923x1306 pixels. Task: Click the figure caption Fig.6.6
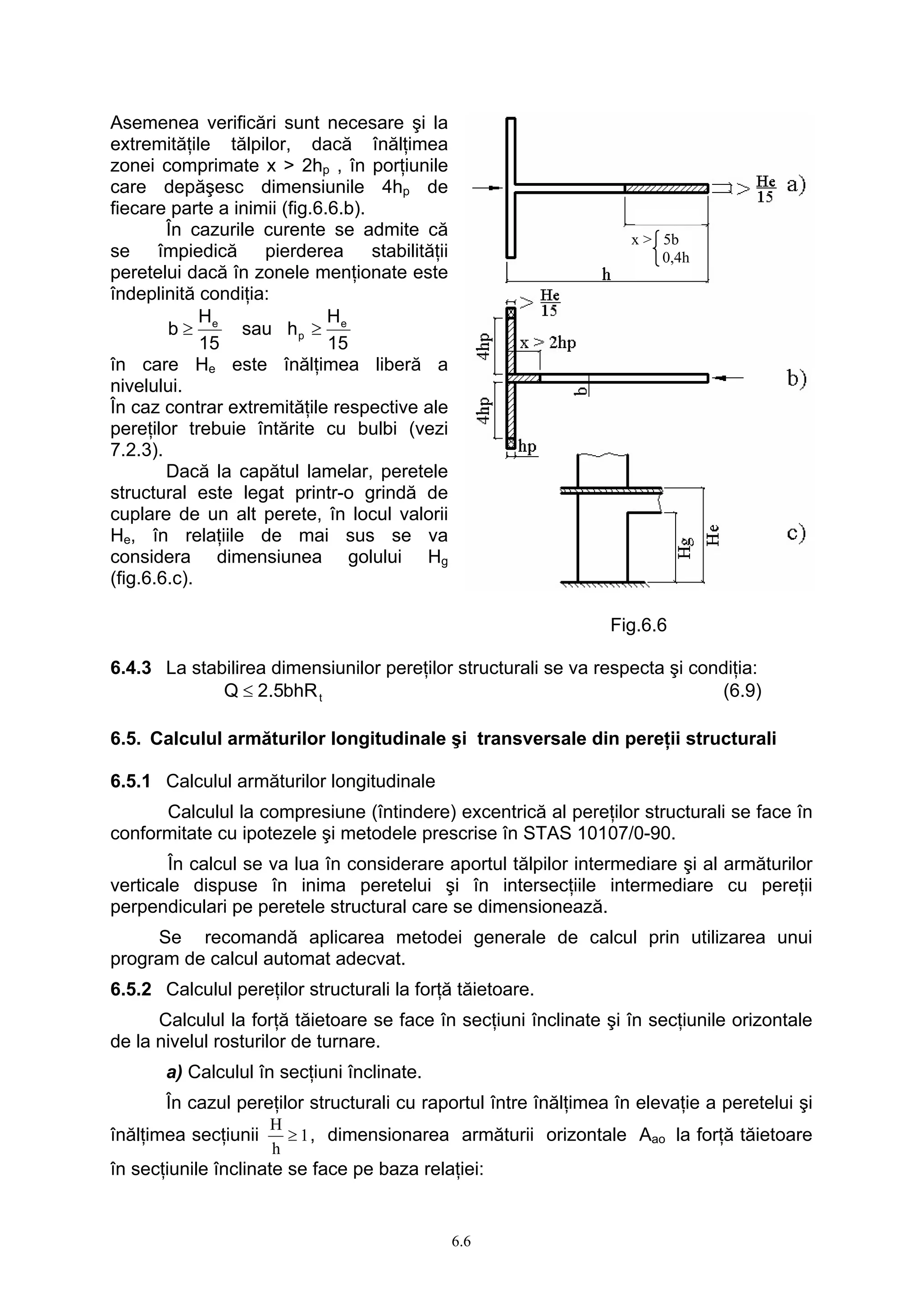click(x=638, y=625)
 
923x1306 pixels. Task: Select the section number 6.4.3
click(x=131, y=667)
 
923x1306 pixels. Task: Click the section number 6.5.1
click(x=131, y=781)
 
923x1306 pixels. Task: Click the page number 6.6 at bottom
click(x=461, y=1241)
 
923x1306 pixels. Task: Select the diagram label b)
click(x=797, y=378)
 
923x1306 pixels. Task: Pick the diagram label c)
click(x=796, y=534)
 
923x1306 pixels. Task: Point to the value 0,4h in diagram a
click(x=676, y=258)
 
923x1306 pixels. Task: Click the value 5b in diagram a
click(x=671, y=239)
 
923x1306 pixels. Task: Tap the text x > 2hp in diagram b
click(x=548, y=343)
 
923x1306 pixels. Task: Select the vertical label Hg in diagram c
click(x=685, y=549)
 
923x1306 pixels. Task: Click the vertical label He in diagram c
click(x=713, y=535)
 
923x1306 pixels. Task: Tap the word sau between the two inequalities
click(x=256, y=329)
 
